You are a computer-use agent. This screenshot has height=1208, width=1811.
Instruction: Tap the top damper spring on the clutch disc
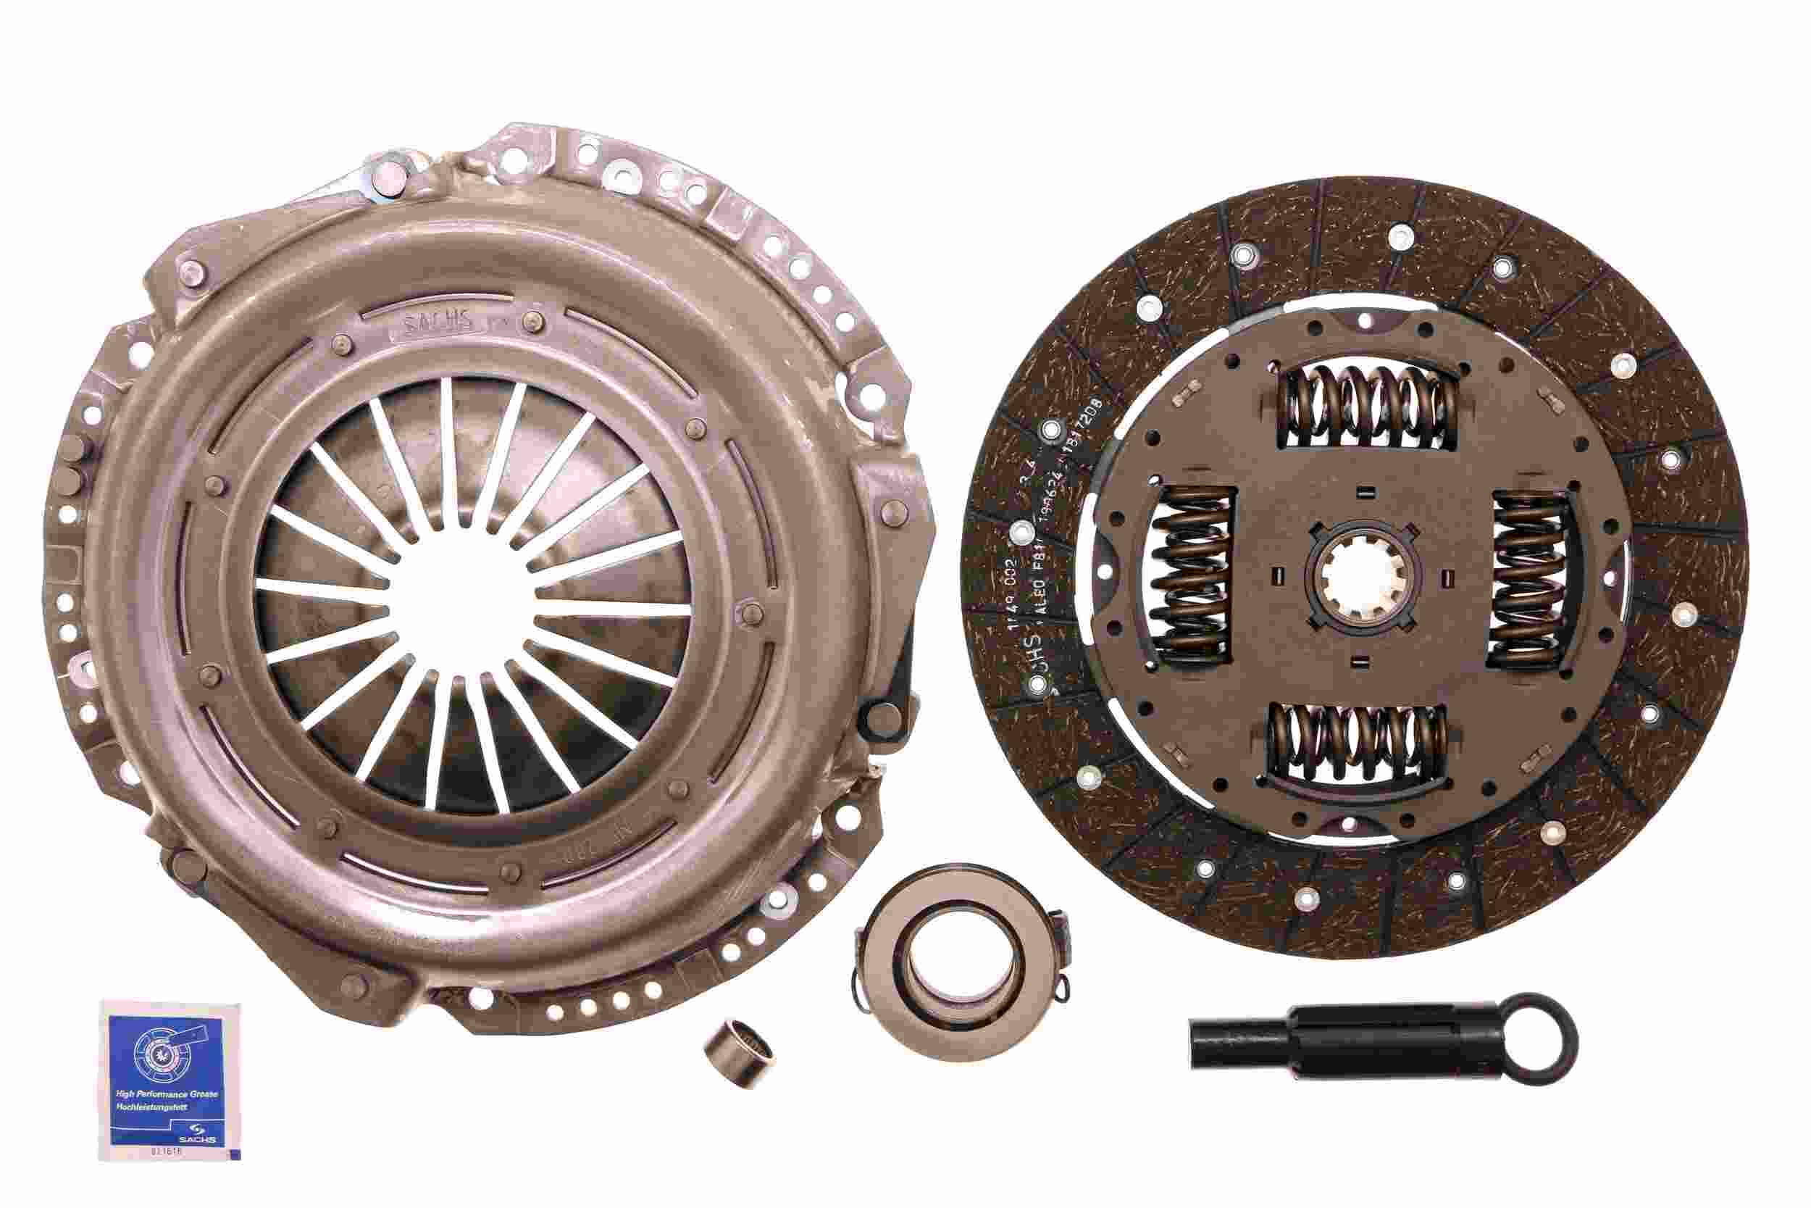[1368, 407]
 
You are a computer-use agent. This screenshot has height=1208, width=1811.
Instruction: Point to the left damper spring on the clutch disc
[1192, 578]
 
